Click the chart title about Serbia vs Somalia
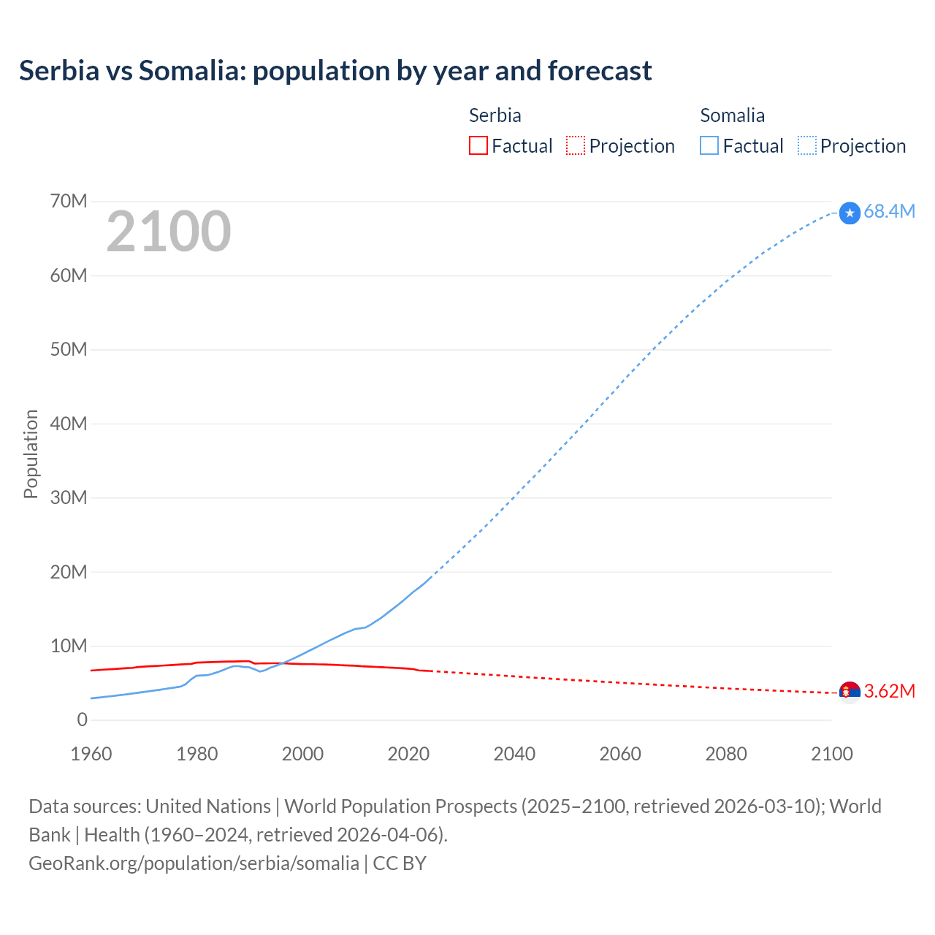click(335, 71)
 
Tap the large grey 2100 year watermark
click(169, 232)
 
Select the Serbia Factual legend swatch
click(478, 145)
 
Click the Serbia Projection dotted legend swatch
click(576, 145)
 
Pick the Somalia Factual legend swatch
click(709, 145)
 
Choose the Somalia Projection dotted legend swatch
click(806, 145)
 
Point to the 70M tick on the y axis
click(69, 201)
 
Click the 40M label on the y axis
click(69, 424)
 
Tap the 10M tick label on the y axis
click(69, 646)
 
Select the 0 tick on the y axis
click(82, 720)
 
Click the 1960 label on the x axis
click(91, 754)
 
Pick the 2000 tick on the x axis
click(302, 754)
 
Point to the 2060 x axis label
click(620, 754)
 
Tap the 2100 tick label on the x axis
click(831, 754)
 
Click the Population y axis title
click(31, 454)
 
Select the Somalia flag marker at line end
click(850, 213)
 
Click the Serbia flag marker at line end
click(850, 691)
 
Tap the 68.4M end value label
click(889, 211)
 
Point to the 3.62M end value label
click(889, 691)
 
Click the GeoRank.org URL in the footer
click(194, 863)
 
